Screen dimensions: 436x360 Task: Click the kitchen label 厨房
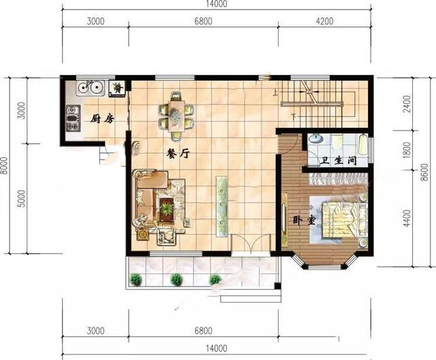pyautogui.click(x=102, y=119)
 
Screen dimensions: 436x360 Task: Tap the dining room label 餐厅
pyautogui.click(x=178, y=153)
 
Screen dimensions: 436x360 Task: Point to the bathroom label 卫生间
pyautogui.click(x=338, y=161)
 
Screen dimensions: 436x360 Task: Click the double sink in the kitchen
pyautogui.click(x=90, y=88)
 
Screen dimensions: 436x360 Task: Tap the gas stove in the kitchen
pyautogui.click(x=73, y=118)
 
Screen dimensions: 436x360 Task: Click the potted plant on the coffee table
pyautogui.click(x=166, y=209)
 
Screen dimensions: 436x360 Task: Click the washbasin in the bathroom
pyautogui.click(x=316, y=138)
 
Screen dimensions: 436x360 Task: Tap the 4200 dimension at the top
pyautogui.click(x=324, y=21)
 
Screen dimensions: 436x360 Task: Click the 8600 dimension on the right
pyautogui.click(x=424, y=172)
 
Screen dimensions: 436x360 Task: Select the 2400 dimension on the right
pyautogui.click(x=407, y=103)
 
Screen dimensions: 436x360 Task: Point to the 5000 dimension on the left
pyautogui.click(x=21, y=199)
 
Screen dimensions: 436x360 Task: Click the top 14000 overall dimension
pyautogui.click(x=217, y=4)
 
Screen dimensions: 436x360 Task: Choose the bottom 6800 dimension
pyautogui.click(x=203, y=331)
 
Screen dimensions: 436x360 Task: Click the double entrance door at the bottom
pyautogui.click(x=251, y=244)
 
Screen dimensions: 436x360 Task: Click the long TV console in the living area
pyautogui.click(x=222, y=206)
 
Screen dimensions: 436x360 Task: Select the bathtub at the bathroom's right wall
pyautogui.click(x=363, y=144)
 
